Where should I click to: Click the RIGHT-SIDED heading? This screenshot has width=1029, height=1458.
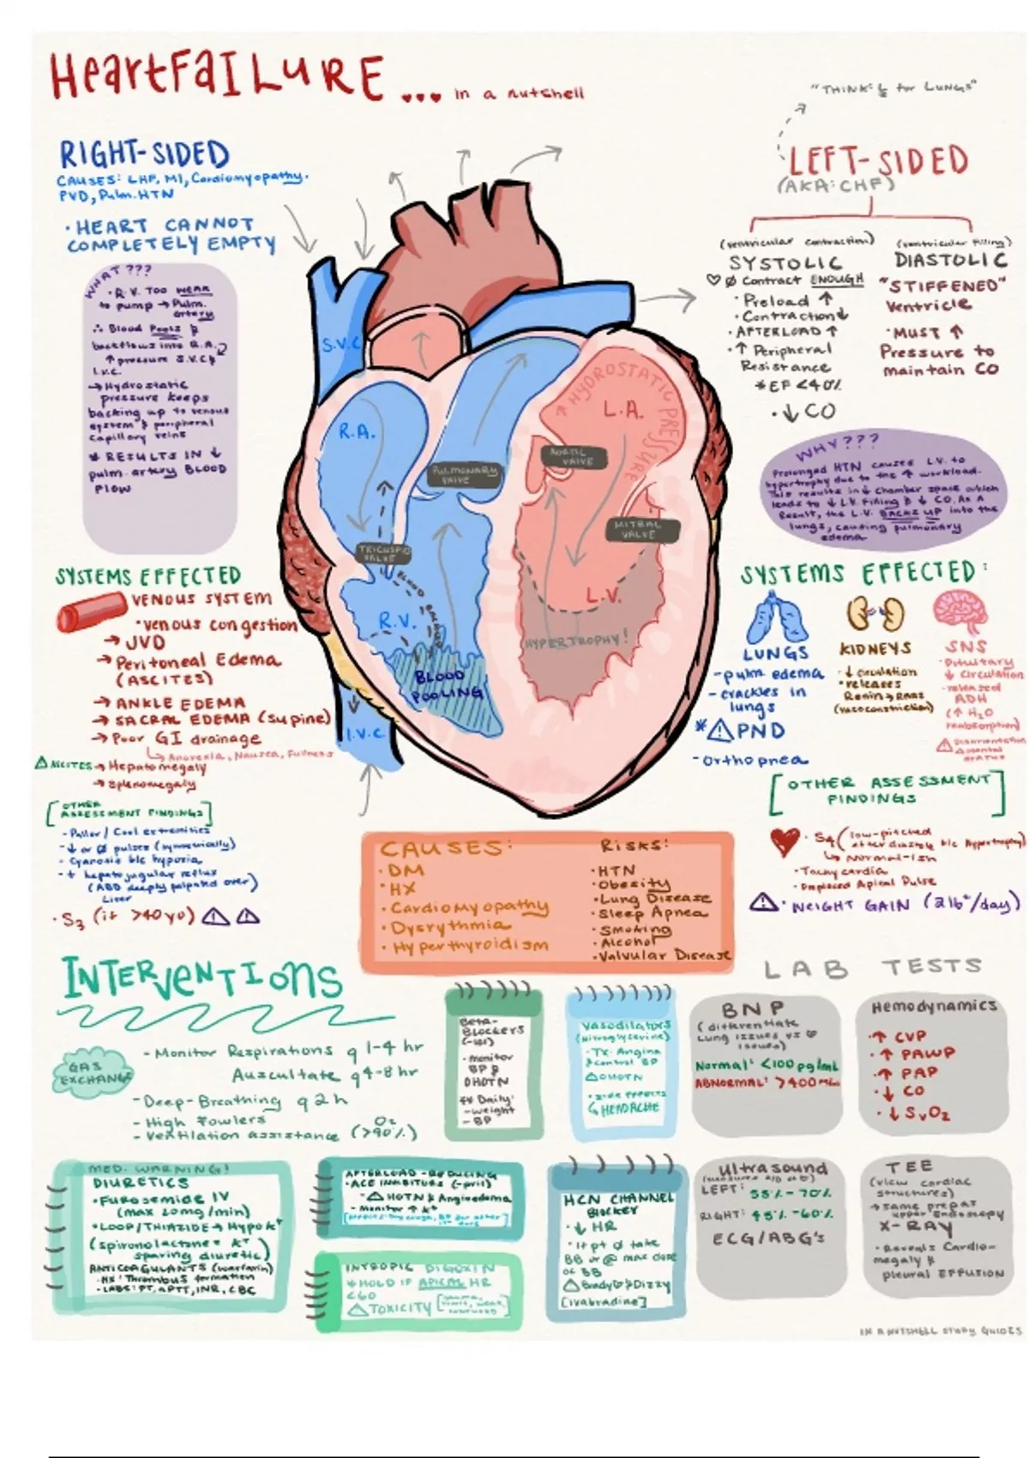point(144,155)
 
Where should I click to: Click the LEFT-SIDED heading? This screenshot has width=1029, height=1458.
point(876,161)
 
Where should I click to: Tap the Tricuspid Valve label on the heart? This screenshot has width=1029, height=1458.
point(383,553)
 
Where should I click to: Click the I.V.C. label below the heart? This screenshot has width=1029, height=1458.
point(367,733)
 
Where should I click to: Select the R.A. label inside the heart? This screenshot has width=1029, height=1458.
point(357,432)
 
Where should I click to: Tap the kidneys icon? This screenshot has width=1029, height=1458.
point(875,615)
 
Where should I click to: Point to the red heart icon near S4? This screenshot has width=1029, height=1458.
point(785,841)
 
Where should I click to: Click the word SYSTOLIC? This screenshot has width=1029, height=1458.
point(785,262)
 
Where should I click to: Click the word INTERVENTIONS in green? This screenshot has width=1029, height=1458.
point(202,979)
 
